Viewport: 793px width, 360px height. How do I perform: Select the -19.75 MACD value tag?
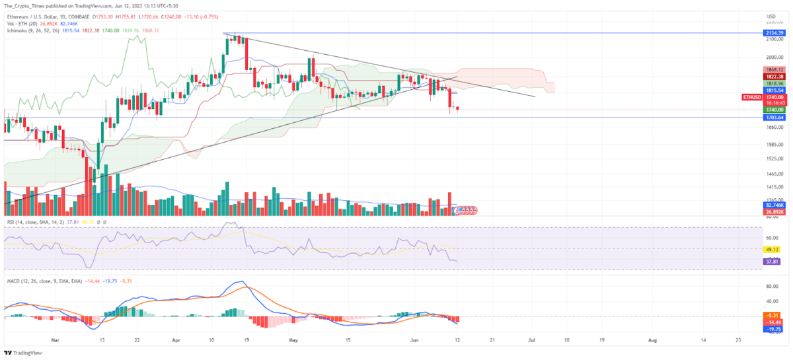tap(773, 328)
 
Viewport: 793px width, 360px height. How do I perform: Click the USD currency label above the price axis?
tap(771, 16)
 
